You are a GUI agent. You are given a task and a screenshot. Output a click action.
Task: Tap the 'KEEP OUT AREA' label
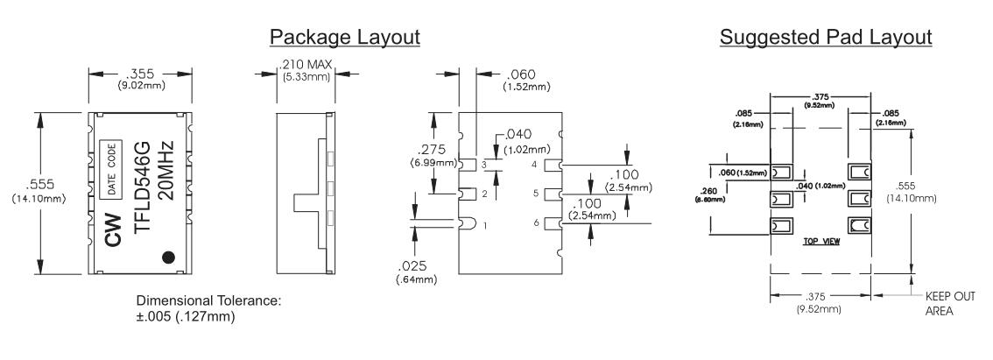point(949,302)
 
